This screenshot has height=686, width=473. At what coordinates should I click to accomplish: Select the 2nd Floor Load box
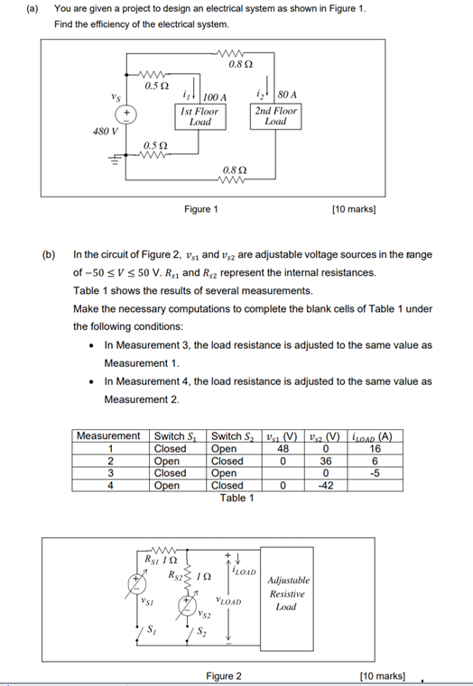[x=275, y=117]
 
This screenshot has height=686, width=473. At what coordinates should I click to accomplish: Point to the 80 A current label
[x=288, y=93]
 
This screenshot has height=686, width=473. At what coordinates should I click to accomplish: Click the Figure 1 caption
[x=200, y=209]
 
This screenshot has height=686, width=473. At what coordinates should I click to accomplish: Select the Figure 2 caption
[x=224, y=675]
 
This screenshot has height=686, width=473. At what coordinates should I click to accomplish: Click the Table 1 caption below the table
[x=237, y=498]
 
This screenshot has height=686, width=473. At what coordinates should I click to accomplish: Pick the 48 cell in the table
[x=283, y=448]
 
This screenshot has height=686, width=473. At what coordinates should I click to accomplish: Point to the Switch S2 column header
[x=230, y=436]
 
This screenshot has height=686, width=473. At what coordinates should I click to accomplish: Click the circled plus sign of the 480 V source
[x=126, y=114]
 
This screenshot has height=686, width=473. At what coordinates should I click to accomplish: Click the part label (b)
[x=50, y=254]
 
